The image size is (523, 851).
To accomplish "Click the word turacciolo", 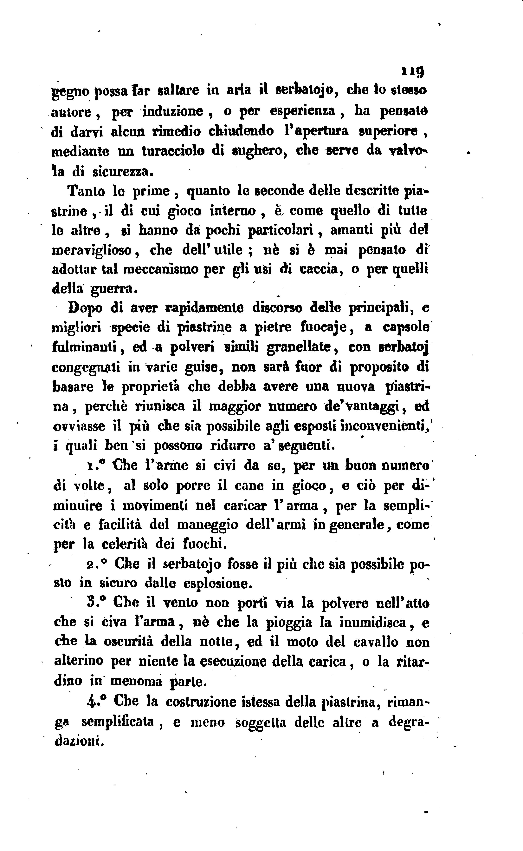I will click(173, 151).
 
